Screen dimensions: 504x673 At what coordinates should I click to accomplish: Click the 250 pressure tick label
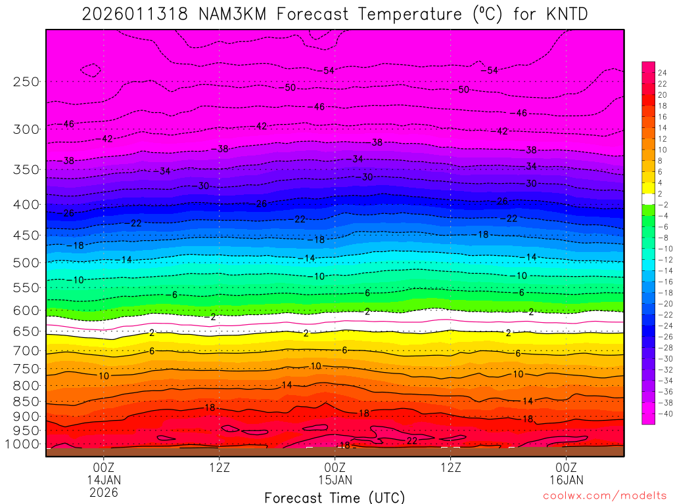pos(26,82)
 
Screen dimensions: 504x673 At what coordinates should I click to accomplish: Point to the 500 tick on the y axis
pos(26,263)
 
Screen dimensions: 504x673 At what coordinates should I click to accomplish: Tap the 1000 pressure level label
pos(24,444)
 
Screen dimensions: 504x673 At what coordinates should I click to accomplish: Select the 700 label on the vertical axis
pos(26,351)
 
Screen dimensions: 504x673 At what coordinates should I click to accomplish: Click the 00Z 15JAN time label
pos(335,474)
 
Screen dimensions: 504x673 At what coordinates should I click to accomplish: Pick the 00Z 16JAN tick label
pos(566,474)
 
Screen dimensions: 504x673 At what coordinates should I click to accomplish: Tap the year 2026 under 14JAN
pos(104,492)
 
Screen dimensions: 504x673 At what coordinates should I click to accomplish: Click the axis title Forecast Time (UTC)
pos(335,497)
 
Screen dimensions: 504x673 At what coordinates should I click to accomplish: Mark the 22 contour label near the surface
pos(412,440)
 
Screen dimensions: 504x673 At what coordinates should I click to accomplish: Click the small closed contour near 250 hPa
pos(90,70)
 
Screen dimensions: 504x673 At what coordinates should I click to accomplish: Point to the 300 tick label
pos(26,129)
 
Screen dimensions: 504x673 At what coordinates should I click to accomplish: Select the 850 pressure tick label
pos(26,402)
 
